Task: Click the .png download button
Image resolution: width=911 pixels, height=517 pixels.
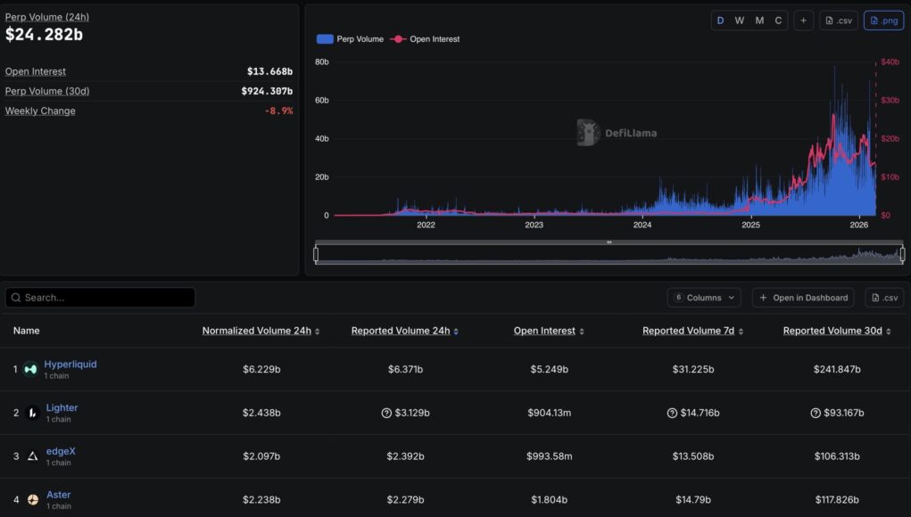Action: click(883, 21)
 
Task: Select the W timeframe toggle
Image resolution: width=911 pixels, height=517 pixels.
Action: click(740, 21)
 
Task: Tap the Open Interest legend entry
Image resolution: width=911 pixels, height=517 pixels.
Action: click(428, 39)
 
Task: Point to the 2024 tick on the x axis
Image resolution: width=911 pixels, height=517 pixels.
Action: click(642, 225)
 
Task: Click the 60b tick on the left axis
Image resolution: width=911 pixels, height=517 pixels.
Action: click(322, 100)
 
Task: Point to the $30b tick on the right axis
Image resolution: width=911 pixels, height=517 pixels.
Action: click(890, 100)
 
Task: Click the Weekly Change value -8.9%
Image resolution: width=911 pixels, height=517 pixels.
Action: click(278, 111)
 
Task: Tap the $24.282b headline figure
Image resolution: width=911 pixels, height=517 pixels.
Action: click(45, 35)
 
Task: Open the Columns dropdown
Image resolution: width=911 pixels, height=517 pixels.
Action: click(705, 298)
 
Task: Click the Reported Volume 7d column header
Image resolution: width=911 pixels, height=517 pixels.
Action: click(688, 331)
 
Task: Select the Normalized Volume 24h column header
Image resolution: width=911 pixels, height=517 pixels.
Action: click(257, 331)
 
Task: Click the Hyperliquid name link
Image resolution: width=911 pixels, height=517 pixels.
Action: click(70, 364)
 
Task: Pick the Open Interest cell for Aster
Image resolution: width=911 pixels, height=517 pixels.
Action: click(549, 500)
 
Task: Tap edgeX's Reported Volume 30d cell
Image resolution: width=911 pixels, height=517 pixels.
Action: click(836, 456)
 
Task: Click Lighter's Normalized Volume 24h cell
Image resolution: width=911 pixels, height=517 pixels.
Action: click(261, 413)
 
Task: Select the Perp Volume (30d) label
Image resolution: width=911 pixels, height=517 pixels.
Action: click(47, 91)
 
